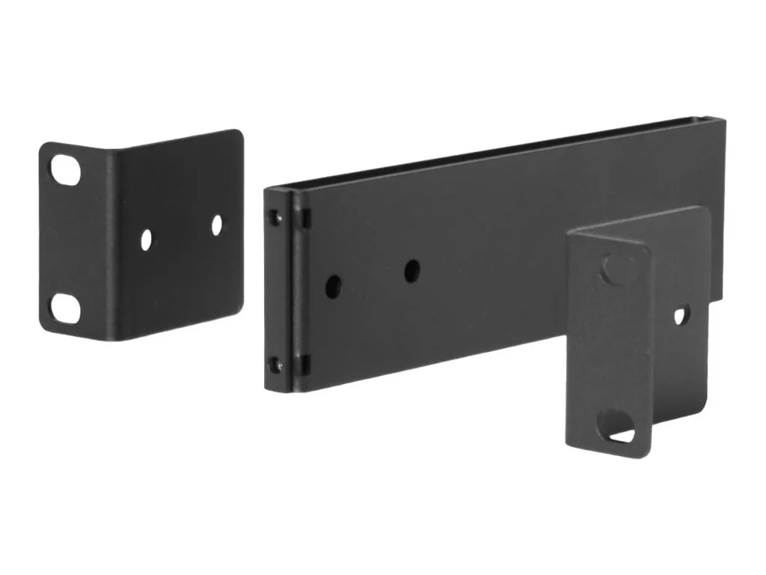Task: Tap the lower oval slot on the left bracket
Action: (x=65, y=307)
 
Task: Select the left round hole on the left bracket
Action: (x=146, y=239)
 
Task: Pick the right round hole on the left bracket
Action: (x=216, y=225)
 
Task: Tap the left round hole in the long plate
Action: (x=334, y=286)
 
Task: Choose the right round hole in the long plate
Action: (x=411, y=270)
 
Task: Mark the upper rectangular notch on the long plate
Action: (x=305, y=218)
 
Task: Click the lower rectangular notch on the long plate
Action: (x=305, y=365)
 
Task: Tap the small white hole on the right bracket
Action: (x=680, y=315)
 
